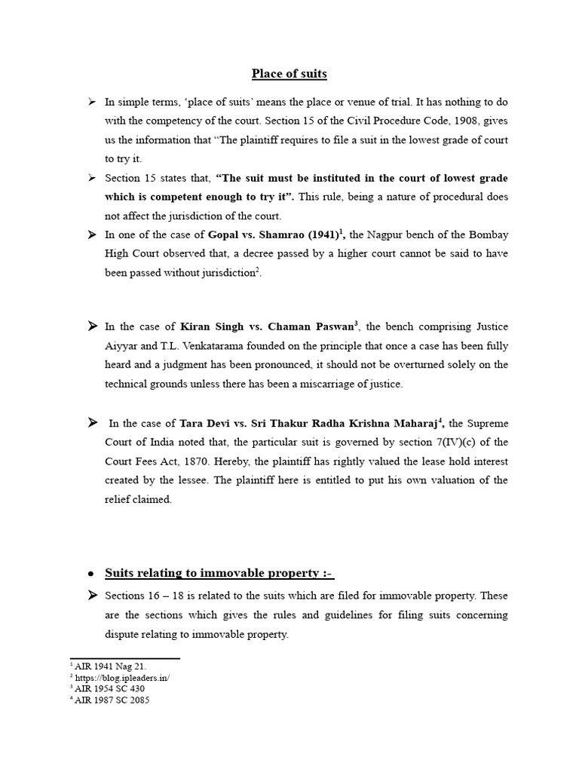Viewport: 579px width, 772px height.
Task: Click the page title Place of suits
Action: tap(289, 74)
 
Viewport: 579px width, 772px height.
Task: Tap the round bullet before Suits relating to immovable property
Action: tap(91, 574)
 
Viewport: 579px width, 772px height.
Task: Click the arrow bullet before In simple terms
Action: tap(91, 101)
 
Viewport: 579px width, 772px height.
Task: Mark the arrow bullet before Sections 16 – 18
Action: tap(91, 596)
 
